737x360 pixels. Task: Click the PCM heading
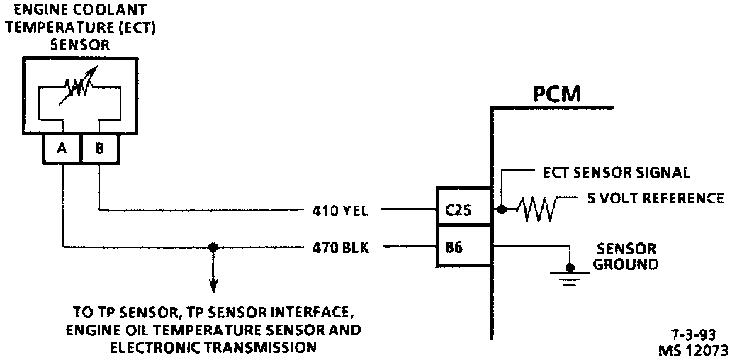(x=557, y=94)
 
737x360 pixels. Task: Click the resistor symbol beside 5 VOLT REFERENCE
(x=538, y=210)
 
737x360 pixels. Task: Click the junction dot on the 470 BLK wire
(x=212, y=247)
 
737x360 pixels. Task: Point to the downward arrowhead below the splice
(x=212, y=286)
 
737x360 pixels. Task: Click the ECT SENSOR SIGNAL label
(x=616, y=173)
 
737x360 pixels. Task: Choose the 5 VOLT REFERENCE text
(x=656, y=198)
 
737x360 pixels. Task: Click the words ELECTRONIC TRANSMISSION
(x=212, y=347)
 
